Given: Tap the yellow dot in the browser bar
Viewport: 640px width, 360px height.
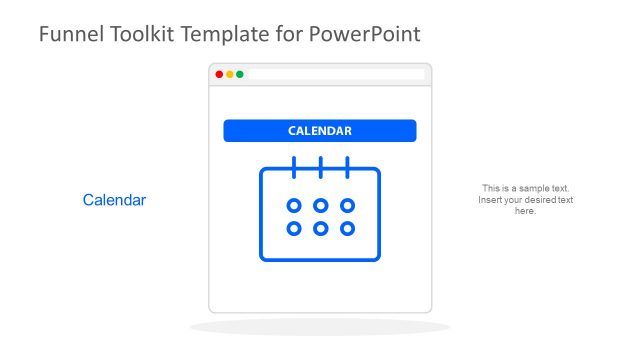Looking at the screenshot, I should pos(230,74).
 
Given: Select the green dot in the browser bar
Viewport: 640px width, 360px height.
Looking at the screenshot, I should pos(240,74).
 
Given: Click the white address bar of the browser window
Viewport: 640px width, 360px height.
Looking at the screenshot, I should pos(336,74).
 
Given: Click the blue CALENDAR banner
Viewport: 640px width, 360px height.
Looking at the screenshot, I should pos(320,131).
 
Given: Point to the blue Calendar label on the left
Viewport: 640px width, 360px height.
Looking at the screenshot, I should pos(114,200).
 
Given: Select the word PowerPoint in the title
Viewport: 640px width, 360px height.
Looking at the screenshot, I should pos(364,34).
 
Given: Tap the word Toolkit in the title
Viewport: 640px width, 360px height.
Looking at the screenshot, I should pos(140,34).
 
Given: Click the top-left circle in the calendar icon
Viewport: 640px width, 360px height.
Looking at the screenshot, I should pos(294,206).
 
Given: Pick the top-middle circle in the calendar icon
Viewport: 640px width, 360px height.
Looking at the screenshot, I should pos(321,206).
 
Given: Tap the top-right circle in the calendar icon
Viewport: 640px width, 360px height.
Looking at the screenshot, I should pos(347,206).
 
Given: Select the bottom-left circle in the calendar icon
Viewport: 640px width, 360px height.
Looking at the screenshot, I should pos(294,229).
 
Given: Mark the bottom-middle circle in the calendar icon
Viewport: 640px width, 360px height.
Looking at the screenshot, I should pos(321,229).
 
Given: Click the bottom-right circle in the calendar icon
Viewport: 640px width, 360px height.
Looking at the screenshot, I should pos(347,229).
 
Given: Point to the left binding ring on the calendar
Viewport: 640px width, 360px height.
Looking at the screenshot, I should pos(294,166).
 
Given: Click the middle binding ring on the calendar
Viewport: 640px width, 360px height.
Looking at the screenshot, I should pos(321,166).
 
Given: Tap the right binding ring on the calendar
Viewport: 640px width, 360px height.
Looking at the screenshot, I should pos(347,166).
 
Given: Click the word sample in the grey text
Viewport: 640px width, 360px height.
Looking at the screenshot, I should pos(537,188).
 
